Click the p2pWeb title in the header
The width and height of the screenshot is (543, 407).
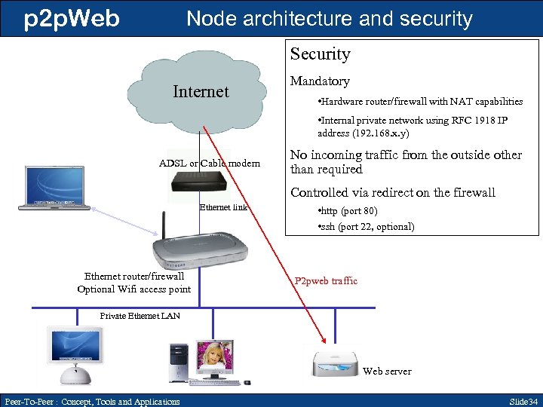[x=72, y=18]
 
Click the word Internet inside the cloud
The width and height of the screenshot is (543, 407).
[x=200, y=92]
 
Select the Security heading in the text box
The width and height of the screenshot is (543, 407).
[x=321, y=54]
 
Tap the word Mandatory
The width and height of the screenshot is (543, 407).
[x=320, y=81]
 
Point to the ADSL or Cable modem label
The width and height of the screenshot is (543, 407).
[x=210, y=164]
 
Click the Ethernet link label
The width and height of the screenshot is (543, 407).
[x=223, y=207]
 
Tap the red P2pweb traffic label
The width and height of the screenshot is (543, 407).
[x=326, y=281]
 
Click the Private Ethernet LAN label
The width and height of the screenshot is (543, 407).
[x=140, y=316]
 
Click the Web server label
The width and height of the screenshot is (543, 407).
[x=387, y=371]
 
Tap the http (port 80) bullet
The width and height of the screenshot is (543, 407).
[x=348, y=211]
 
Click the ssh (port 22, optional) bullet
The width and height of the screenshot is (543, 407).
[x=365, y=226]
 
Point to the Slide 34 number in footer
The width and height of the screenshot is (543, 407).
[x=523, y=401]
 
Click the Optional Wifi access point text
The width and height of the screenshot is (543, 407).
[x=133, y=289]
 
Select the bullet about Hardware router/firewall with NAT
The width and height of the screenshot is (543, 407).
[x=419, y=101]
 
